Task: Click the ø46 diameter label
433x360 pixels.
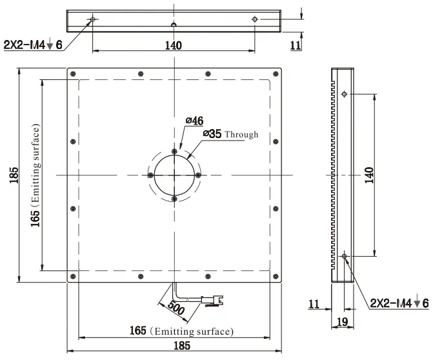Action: [x=195, y=121]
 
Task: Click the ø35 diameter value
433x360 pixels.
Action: [x=212, y=134]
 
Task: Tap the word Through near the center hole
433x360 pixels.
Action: [x=241, y=134]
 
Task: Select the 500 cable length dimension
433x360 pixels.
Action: [x=176, y=308]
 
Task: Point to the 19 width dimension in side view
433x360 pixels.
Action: [x=343, y=322]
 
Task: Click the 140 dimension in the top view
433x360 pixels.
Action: [x=174, y=45]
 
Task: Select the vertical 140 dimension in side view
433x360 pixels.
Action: [x=369, y=175]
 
